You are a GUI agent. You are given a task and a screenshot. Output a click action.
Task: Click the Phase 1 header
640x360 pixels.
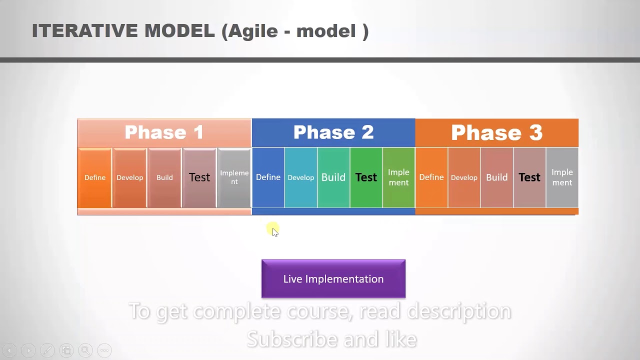pyautogui.click(x=164, y=132)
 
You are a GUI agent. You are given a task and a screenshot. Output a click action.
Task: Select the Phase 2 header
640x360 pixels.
pyautogui.click(x=333, y=132)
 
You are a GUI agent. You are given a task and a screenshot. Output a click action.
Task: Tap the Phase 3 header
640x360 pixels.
pyautogui.click(x=496, y=132)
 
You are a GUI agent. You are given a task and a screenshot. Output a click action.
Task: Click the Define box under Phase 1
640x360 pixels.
pyautogui.click(x=95, y=177)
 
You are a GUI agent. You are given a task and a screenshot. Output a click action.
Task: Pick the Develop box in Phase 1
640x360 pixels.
pyautogui.click(x=129, y=177)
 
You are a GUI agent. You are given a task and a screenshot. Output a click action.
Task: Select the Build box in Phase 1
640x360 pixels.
pyautogui.click(x=164, y=177)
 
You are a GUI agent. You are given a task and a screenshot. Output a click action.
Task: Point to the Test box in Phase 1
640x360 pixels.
pyautogui.click(x=199, y=177)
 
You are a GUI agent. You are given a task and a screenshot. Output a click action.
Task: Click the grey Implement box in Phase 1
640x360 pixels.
pyautogui.click(x=234, y=177)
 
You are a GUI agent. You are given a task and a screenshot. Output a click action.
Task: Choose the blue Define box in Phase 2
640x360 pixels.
pyautogui.click(x=268, y=177)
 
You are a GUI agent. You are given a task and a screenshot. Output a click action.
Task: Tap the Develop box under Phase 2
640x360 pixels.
pyautogui.click(x=301, y=177)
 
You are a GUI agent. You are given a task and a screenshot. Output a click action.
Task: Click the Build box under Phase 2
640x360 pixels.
pyautogui.click(x=333, y=177)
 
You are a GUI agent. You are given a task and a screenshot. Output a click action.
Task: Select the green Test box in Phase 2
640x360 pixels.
pyautogui.click(x=366, y=177)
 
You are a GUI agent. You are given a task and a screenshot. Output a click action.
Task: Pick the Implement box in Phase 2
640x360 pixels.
pyautogui.click(x=398, y=177)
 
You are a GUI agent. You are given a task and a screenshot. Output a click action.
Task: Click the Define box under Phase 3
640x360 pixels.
pyautogui.click(x=431, y=177)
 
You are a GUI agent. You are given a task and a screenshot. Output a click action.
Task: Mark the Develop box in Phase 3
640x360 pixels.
pyautogui.click(x=464, y=177)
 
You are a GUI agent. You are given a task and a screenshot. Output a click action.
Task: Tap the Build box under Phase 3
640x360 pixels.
pyautogui.click(x=497, y=177)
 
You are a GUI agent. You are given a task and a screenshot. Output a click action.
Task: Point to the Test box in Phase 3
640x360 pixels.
pyautogui.click(x=529, y=177)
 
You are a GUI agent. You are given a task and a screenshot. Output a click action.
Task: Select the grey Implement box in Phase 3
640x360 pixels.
pyautogui.click(x=562, y=177)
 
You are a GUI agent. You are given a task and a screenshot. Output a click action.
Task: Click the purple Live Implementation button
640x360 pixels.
pyautogui.click(x=333, y=279)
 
